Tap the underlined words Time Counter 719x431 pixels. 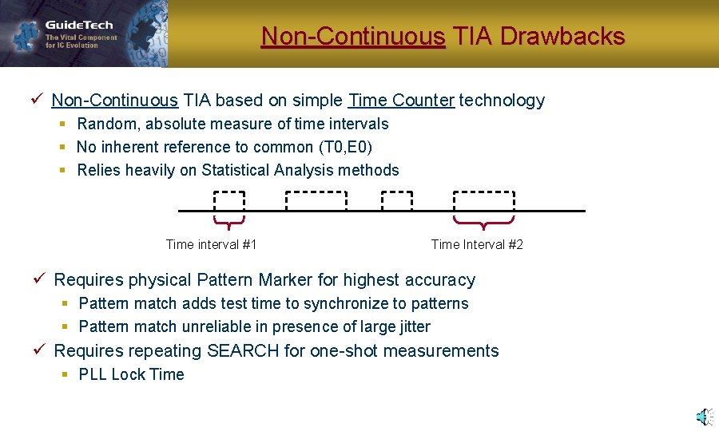pos(401,101)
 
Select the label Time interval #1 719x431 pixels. pos(211,244)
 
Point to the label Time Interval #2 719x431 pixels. pos(477,244)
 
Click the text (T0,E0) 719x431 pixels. pos(345,147)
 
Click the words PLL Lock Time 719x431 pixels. pos(131,374)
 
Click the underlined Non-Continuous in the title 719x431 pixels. pos(353,37)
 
